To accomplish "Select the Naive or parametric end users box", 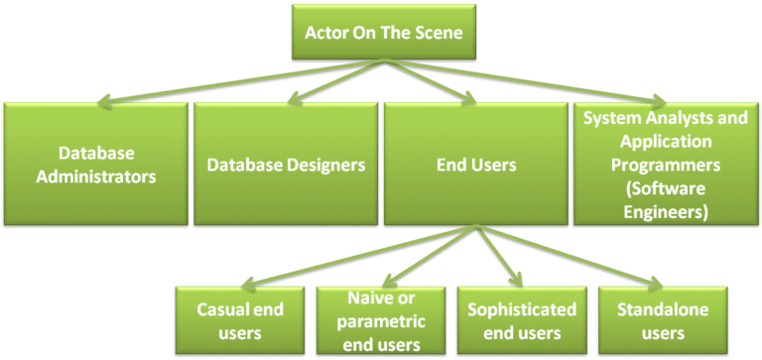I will (x=382, y=320).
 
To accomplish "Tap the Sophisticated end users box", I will (x=523, y=320).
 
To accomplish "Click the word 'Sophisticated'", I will (x=523, y=309).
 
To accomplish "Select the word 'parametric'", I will (x=381, y=321).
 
